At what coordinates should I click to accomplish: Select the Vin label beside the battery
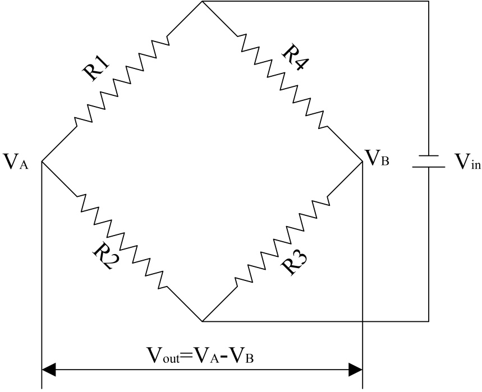(x=467, y=163)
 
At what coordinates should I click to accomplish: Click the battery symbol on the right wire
(x=429, y=161)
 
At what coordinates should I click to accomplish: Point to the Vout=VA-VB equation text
(x=203, y=356)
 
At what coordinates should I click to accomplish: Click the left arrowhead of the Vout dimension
(x=49, y=370)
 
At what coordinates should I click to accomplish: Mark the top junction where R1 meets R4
(x=203, y=2)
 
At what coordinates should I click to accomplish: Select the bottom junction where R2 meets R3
(x=203, y=322)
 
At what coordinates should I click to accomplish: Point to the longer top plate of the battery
(x=429, y=156)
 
